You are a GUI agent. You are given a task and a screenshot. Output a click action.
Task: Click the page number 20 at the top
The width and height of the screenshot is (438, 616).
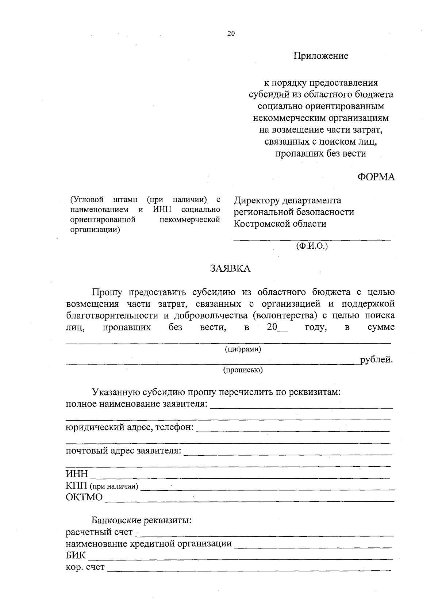pyautogui.click(x=231, y=34)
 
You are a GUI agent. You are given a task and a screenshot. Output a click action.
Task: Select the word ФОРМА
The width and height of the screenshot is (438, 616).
pyautogui.click(x=376, y=177)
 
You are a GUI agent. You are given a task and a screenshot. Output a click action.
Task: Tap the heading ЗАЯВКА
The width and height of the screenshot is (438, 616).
pyautogui.click(x=230, y=269)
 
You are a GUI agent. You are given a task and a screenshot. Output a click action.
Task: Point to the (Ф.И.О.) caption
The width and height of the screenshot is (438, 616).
pyautogui.click(x=312, y=246)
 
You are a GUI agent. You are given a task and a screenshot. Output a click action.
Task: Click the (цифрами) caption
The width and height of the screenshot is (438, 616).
pyautogui.click(x=243, y=349)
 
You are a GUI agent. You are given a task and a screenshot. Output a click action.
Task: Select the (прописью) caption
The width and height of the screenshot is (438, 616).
pyautogui.click(x=243, y=370)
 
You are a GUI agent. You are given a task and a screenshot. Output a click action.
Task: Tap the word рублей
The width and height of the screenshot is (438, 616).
pyautogui.click(x=376, y=360)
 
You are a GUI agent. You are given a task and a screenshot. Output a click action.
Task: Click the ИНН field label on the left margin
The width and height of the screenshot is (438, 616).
pyautogui.click(x=77, y=474)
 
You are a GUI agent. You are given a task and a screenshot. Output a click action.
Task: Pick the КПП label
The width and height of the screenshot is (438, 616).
pyautogui.click(x=77, y=486)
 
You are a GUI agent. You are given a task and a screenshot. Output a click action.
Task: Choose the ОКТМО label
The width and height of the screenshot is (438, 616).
pyautogui.click(x=84, y=497)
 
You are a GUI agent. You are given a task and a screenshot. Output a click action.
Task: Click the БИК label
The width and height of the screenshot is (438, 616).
pyautogui.click(x=76, y=556)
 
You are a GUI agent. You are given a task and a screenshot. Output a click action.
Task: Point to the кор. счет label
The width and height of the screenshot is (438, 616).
pyautogui.click(x=85, y=567)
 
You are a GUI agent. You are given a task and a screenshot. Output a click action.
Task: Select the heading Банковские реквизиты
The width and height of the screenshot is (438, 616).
pyautogui.click(x=142, y=520)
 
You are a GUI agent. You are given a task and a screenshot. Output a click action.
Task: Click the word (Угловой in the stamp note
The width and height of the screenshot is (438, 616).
pyautogui.click(x=87, y=200)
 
